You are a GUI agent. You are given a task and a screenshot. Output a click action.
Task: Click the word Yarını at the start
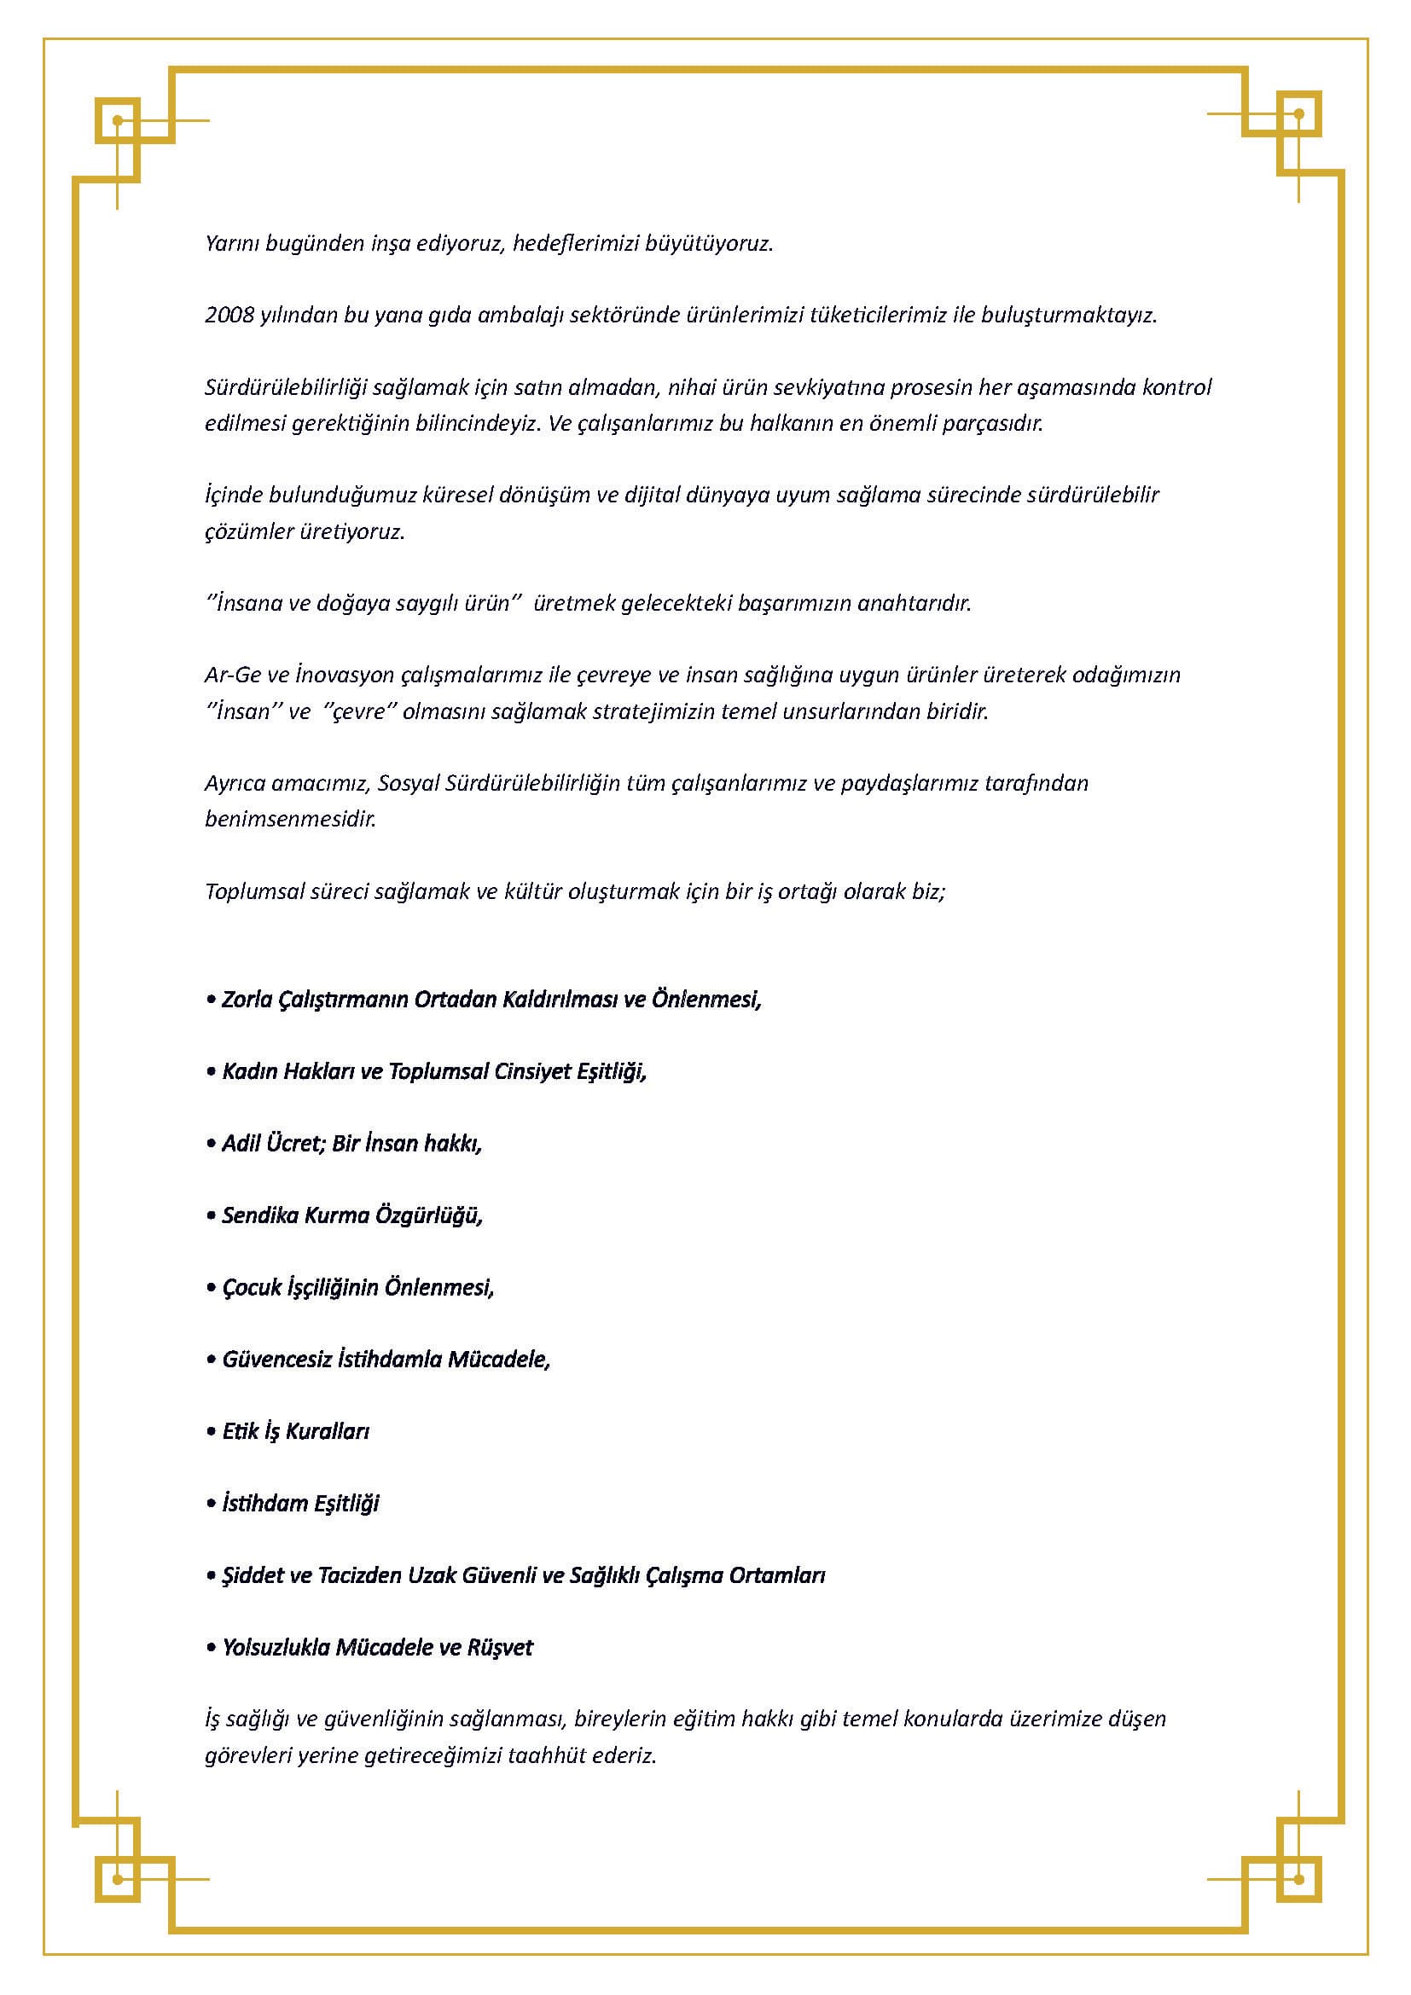tap(232, 243)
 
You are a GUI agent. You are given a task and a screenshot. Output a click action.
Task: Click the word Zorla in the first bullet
tap(247, 1000)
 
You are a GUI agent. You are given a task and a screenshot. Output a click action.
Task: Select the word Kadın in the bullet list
tap(247, 1071)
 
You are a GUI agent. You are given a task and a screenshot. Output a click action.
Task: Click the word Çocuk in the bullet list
tap(252, 1287)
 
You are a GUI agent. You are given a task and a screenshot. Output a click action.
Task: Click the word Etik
tap(241, 1431)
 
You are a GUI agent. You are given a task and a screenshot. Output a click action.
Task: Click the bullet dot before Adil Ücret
tap(210, 1144)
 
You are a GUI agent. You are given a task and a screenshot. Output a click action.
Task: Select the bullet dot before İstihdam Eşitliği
tap(210, 1503)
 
